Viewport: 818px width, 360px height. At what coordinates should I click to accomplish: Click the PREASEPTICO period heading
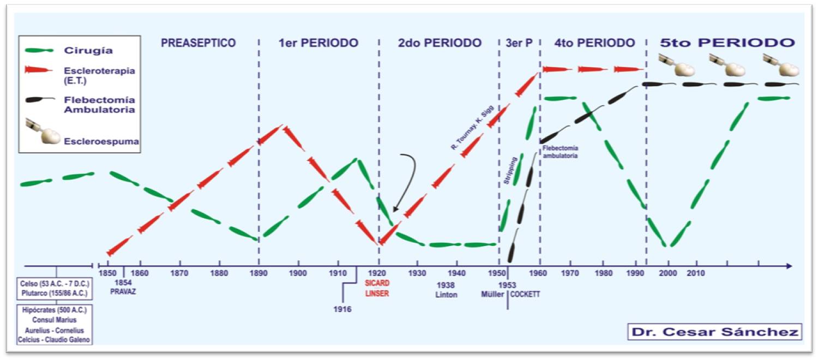pyautogui.click(x=199, y=43)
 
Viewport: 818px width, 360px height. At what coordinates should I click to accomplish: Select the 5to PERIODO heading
pyautogui.click(x=726, y=43)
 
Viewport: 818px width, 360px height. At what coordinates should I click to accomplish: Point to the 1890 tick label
pyautogui.click(x=258, y=272)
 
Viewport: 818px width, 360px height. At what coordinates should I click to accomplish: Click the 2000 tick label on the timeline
pyautogui.click(x=669, y=272)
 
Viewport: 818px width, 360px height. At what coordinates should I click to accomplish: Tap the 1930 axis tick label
pyautogui.click(x=417, y=272)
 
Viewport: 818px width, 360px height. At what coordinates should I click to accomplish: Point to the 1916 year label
pyautogui.click(x=342, y=309)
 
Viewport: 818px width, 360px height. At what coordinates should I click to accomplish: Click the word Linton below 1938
pyautogui.click(x=446, y=295)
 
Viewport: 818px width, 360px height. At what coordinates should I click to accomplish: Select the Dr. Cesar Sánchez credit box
pyautogui.click(x=714, y=332)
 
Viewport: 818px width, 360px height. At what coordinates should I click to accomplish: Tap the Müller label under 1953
pyautogui.click(x=492, y=295)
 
